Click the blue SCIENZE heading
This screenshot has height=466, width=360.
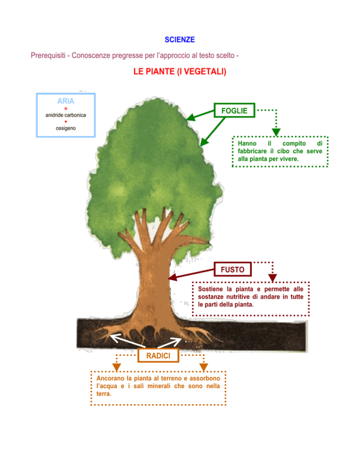tap(180, 39)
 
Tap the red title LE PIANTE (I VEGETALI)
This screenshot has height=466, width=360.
tap(180, 71)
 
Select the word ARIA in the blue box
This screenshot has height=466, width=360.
tap(66, 101)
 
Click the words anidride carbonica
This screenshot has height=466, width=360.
tap(66, 115)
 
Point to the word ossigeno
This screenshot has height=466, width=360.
tap(66, 128)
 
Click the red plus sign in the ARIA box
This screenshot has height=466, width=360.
tap(66, 121)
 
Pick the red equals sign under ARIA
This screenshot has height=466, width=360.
tap(66, 108)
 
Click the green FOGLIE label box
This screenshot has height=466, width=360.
tap(234, 111)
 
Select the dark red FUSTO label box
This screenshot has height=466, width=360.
tap(233, 269)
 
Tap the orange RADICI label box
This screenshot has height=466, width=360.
tap(158, 355)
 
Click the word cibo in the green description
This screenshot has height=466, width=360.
tap(283, 151)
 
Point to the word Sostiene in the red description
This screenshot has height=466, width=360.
tap(210, 289)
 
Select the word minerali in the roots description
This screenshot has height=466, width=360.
tap(159, 386)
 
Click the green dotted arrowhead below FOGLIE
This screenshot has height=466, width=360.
tap(276, 132)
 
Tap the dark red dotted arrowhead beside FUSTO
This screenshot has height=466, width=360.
tap(273, 278)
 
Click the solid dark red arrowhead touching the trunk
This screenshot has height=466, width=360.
tap(172, 278)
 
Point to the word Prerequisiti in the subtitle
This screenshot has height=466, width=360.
tap(48, 56)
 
